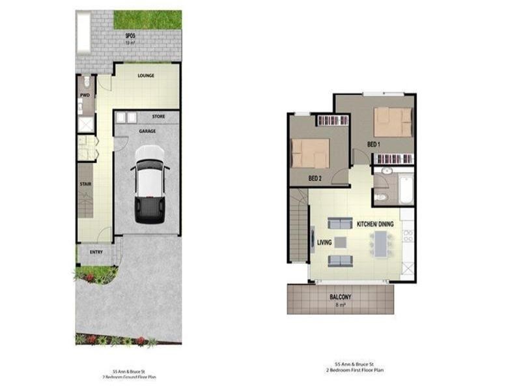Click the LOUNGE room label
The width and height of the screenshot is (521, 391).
[146, 76]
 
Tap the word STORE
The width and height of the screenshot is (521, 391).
[158, 117]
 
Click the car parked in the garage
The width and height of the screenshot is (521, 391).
[149, 184]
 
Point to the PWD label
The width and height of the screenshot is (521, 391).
[85, 95]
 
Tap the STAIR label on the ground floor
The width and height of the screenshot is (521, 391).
[85, 184]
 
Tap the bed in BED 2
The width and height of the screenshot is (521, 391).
[311, 154]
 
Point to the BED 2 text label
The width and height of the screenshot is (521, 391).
[315, 178]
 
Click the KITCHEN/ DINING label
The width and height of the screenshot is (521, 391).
[375, 224]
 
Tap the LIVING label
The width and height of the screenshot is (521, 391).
[324, 243]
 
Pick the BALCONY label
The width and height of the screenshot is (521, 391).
[341, 297]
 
